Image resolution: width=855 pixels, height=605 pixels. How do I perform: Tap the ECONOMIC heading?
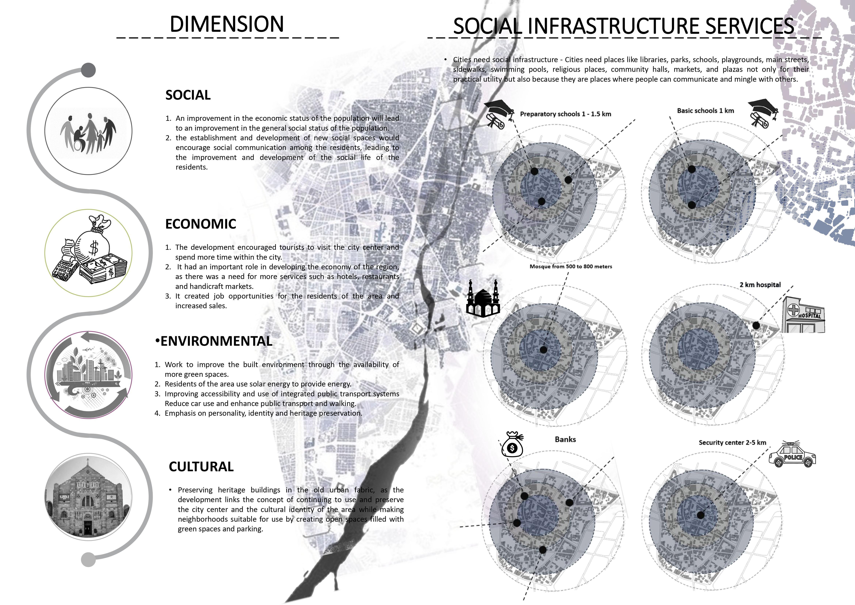point(201,224)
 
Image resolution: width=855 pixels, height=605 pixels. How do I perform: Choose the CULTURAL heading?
point(201,467)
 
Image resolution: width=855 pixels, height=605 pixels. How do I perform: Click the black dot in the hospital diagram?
point(756,325)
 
